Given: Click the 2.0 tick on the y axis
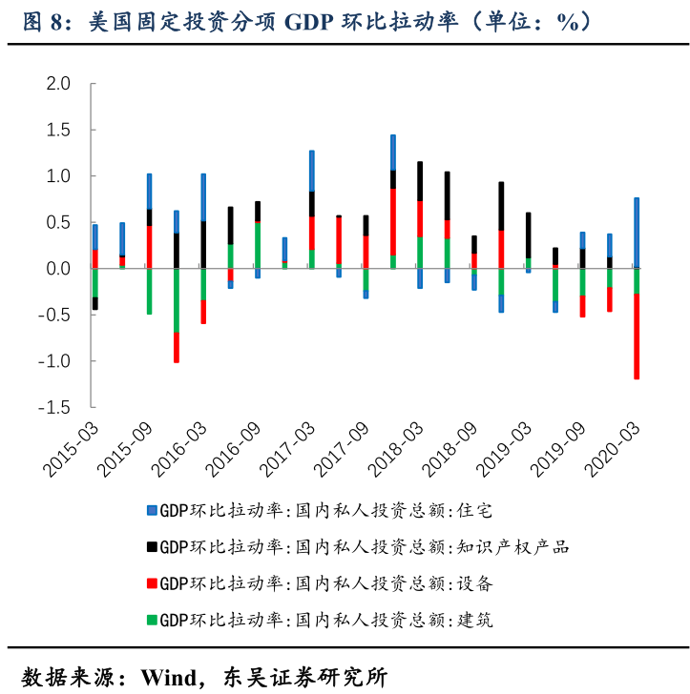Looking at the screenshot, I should (59, 84).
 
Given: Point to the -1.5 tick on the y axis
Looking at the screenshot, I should (55, 407).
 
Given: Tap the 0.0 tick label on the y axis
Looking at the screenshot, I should (59, 269).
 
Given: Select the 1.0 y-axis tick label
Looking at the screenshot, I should (59, 176).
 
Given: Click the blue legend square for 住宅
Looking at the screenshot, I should (151, 510).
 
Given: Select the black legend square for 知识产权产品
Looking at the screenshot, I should (151, 546).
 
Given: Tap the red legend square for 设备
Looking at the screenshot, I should (151, 582).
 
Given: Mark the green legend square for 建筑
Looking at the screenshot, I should (151, 620).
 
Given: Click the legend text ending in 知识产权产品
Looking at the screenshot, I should (364, 546).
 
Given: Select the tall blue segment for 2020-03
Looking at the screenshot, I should (637, 233).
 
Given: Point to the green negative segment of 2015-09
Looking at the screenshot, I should (149, 291).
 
